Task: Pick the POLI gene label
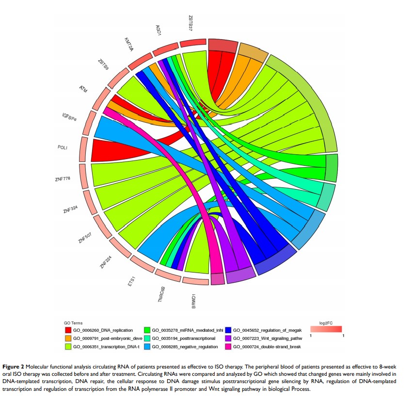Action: (x=62, y=147)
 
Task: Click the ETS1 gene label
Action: (x=131, y=282)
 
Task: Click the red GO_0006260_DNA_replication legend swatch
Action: (x=69, y=331)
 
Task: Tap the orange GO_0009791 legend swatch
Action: (x=69, y=338)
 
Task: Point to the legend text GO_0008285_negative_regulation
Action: (x=185, y=347)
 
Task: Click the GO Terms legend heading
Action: (x=73, y=322)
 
